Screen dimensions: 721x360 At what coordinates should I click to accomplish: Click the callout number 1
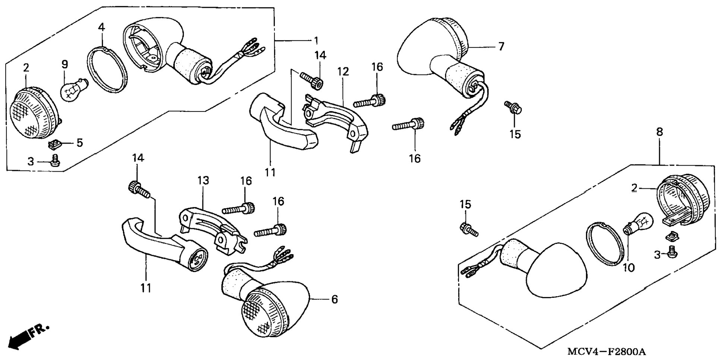click(316, 40)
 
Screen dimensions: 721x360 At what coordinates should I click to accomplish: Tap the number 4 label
click(101, 27)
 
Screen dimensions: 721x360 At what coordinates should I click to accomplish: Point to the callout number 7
click(501, 47)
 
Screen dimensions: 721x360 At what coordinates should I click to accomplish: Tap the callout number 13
click(203, 181)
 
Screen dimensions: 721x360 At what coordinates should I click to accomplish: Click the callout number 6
click(334, 299)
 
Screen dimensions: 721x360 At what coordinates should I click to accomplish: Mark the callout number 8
click(659, 132)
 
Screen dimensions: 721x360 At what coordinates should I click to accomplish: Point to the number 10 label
click(629, 268)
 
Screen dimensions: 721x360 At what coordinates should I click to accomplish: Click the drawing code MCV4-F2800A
click(607, 351)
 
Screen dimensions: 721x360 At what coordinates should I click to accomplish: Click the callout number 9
click(64, 64)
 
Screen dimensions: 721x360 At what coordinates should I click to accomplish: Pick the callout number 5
click(79, 143)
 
